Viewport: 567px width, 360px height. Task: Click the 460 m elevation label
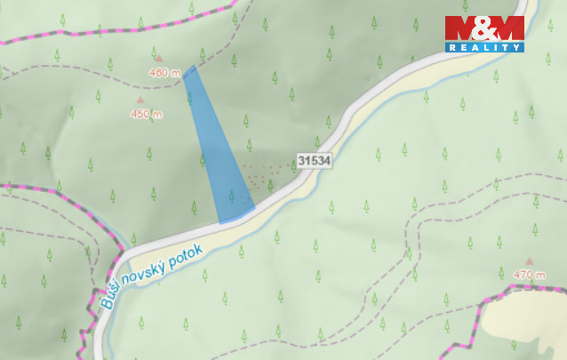(165, 73)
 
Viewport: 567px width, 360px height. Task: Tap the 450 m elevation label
(146, 114)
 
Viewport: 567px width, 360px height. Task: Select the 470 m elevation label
(530, 275)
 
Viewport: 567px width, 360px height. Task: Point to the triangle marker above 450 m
(140, 100)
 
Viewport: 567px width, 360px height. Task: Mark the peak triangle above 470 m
(531, 261)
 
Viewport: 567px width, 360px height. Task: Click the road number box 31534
(314, 161)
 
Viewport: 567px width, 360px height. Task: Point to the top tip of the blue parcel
(190, 68)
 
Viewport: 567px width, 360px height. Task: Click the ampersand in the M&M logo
(484, 28)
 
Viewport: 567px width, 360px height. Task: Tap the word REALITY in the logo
(484, 46)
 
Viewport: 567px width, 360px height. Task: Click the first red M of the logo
(461, 28)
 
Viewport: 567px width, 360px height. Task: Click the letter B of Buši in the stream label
(106, 302)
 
